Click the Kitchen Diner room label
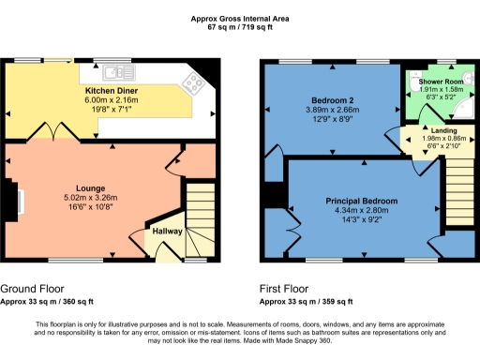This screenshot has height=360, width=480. tap(112, 91)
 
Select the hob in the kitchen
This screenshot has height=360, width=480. tap(195, 83)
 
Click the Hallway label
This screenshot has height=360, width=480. tap(168, 230)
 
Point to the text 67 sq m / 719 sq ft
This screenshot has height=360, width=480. tap(239, 26)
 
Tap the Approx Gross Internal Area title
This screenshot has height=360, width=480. tap(239, 16)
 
